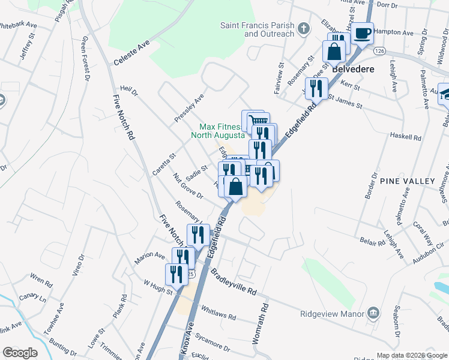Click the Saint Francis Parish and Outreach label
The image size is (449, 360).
click(x=258, y=29)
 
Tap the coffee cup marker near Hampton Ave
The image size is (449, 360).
click(x=362, y=33)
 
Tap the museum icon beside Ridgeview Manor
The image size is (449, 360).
click(x=373, y=313)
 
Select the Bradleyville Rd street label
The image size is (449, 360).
click(x=234, y=281)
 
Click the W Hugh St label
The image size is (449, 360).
click(x=158, y=287)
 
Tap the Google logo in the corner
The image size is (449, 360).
click(x=20, y=353)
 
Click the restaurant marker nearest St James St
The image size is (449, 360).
click(x=316, y=89)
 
